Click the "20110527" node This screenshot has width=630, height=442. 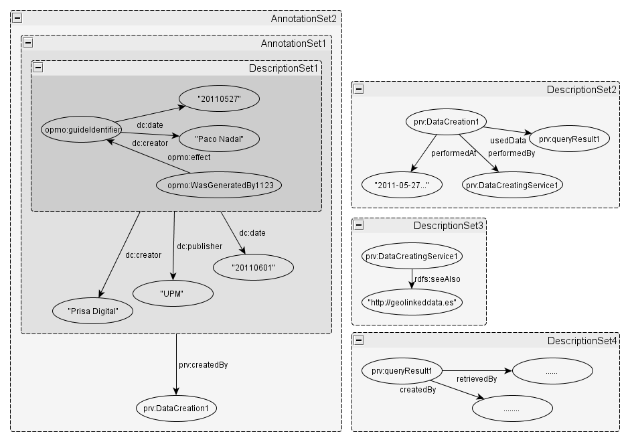(219, 99)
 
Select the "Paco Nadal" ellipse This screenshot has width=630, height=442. (219, 139)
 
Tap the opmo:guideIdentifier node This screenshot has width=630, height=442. (82, 129)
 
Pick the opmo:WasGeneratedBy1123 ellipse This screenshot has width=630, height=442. (218, 184)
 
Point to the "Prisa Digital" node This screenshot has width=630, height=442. (93, 311)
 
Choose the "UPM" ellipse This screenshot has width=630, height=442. (173, 293)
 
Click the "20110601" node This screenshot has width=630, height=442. (254, 267)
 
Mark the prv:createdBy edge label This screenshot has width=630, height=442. (204, 365)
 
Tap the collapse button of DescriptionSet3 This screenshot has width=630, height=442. (359, 225)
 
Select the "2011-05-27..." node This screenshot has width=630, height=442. (402, 185)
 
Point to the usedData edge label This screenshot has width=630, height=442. (508, 140)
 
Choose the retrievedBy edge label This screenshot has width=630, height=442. (476, 379)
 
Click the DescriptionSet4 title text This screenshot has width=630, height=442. (582, 341)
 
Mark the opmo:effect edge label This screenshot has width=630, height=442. (188, 157)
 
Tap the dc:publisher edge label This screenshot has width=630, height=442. (200, 246)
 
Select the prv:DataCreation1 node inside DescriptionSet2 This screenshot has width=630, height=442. (445, 122)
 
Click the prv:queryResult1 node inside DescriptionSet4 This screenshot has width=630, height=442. (402, 370)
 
